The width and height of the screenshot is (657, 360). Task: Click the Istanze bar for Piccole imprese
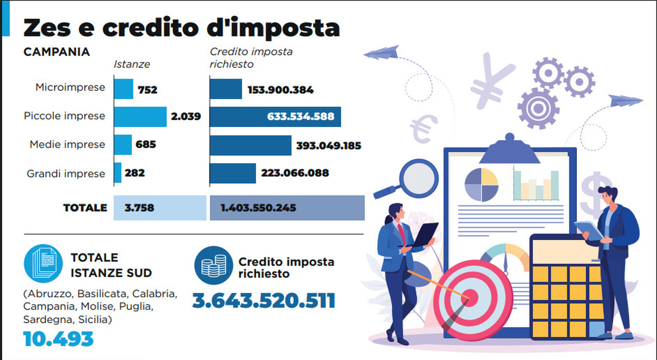click(140, 117)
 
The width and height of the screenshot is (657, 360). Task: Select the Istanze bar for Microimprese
click(123, 89)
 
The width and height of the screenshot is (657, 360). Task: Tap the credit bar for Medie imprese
click(250, 145)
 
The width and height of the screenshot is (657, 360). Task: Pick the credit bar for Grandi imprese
click(233, 173)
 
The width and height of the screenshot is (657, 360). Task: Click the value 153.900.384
click(280, 90)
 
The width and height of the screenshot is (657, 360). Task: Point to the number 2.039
click(186, 117)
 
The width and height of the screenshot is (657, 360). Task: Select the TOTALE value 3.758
click(139, 208)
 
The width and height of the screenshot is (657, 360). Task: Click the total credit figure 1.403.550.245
click(258, 208)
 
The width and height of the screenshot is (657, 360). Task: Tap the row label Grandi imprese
click(66, 174)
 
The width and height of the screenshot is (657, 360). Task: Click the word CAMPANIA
click(56, 52)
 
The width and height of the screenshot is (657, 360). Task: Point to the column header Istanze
click(132, 64)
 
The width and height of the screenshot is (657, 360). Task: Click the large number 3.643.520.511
click(263, 300)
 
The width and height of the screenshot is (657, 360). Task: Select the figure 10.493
click(59, 338)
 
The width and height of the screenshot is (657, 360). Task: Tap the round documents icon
click(43, 263)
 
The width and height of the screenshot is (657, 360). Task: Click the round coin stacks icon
click(213, 265)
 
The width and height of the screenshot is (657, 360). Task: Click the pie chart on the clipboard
click(481, 184)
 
